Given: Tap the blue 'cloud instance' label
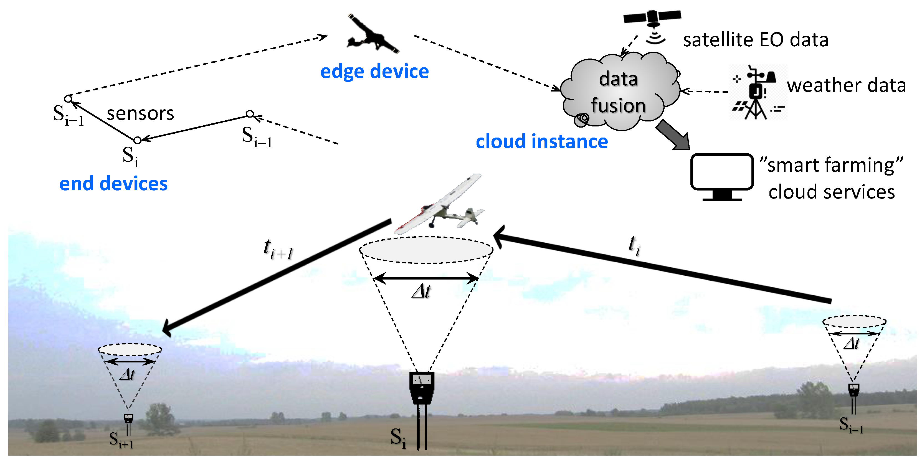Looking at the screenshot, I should (x=541, y=141).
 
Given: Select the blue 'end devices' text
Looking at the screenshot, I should (x=113, y=184).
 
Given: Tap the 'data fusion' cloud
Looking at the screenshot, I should (x=619, y=92).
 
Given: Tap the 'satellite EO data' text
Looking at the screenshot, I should (x=755, y=40).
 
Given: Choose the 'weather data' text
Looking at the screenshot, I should (x=846, y=85).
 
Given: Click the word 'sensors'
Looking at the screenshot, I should (x=140, y=113).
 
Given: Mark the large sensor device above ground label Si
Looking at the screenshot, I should (x=422, y=388).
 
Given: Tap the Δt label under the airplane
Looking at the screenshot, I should (x=421, y=291).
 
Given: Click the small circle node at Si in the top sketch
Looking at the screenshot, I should (x=138, y=140).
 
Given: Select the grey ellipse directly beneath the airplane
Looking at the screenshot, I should (x=426, y=250).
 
